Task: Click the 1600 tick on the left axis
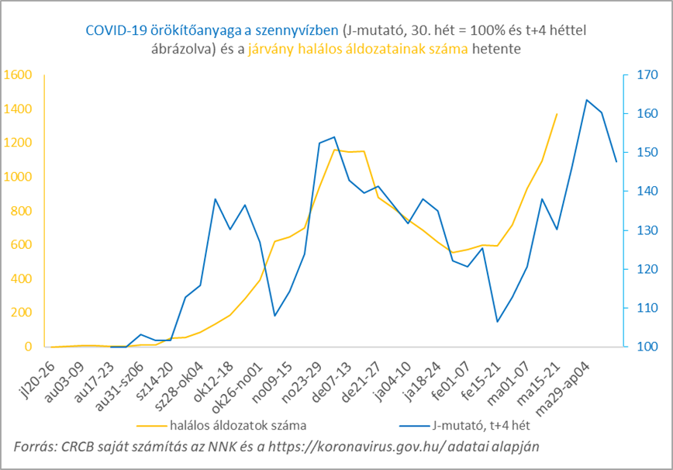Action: pos(16,74)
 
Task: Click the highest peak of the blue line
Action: pos(587,100)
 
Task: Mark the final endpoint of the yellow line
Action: pos(557,114)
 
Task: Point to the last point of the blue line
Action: pos(616,161)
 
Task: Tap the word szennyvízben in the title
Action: pos(299,29)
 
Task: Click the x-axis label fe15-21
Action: pos(481,376)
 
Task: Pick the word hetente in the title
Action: pos(498,48)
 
